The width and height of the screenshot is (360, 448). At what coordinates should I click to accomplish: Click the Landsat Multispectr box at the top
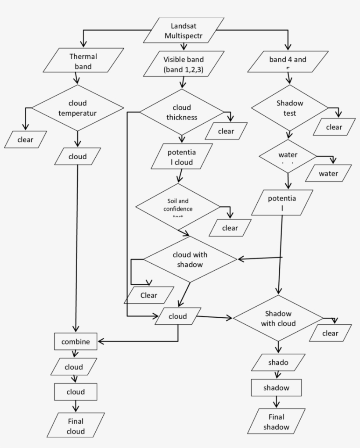point(184,30)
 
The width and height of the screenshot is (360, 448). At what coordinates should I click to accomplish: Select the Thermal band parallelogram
point(77,61)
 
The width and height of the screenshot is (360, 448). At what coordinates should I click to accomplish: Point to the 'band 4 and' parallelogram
point(288,61)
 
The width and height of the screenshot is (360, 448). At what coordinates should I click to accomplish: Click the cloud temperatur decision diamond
point(78,108)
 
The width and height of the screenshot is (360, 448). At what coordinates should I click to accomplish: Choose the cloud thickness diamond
point(182,112)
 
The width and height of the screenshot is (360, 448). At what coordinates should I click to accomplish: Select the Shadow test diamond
point(289,108)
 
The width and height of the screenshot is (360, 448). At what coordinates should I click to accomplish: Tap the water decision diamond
point(288,156)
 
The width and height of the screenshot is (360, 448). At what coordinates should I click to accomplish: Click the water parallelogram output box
point(328,173)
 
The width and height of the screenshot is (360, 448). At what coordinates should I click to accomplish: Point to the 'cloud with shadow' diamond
point(190,259)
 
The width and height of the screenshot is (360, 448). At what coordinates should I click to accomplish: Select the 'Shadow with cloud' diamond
point(278,319)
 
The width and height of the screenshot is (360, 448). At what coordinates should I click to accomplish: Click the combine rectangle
point(76,342)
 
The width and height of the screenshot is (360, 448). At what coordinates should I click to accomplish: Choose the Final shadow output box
point(277,422)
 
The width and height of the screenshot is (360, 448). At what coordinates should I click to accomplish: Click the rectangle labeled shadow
point(276,388)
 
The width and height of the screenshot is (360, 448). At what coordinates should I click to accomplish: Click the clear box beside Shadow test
point(334,127)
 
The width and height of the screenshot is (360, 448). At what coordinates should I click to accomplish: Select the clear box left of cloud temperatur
point(26,140)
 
